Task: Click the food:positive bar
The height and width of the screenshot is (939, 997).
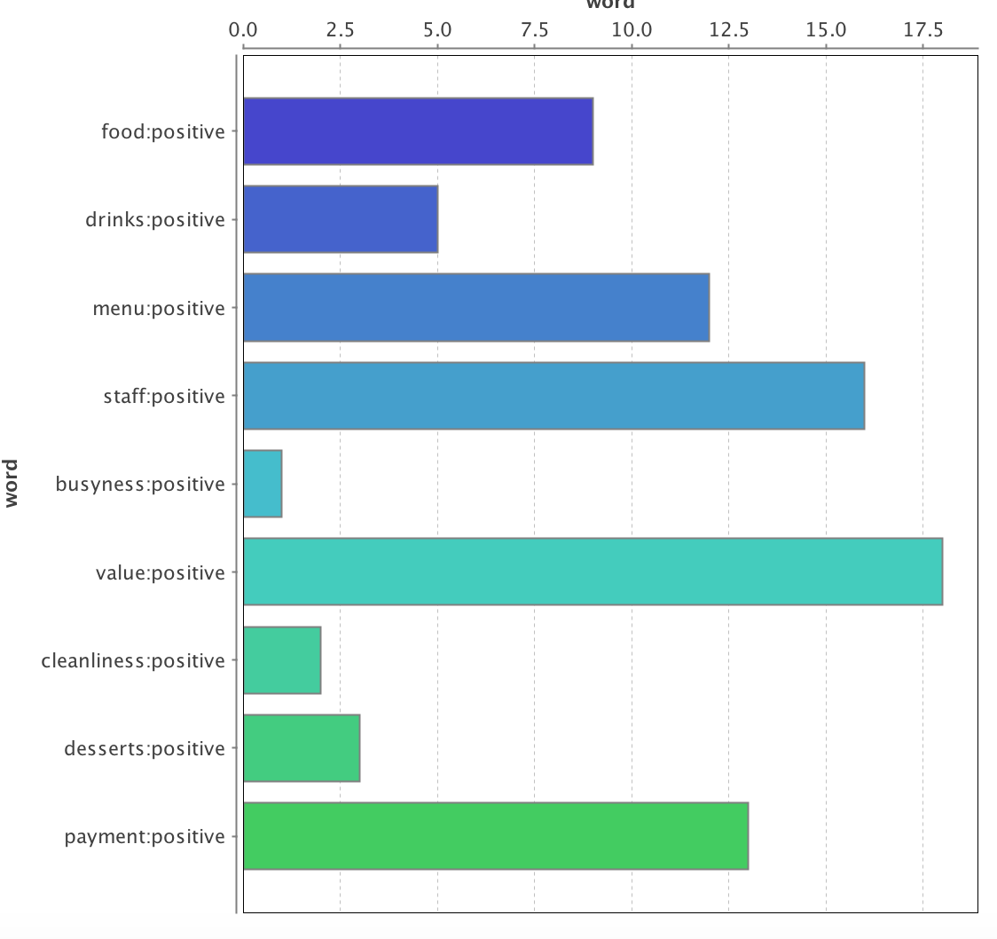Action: click(418, 131)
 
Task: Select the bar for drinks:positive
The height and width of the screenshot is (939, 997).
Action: click(341, 219)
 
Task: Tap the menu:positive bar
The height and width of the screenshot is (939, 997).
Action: click(476, 308)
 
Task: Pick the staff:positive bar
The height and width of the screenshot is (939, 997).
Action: click(553, 396)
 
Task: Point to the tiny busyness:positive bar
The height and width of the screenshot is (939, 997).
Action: click(263, 484)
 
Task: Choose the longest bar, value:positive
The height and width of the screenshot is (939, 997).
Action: click(593, 572)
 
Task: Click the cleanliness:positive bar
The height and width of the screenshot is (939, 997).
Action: click(282, 660)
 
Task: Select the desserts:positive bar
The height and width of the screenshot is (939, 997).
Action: click(302, 748)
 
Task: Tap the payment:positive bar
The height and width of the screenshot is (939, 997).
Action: click(496, 836)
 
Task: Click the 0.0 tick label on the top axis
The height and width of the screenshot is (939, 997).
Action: click(243, 29)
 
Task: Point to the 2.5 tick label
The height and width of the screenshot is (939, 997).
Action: click(340, 29)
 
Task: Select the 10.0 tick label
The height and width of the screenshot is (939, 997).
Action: click(632, 29)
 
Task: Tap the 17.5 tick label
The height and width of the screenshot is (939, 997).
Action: click(922, 29)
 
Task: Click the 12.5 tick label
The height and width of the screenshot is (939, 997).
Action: click(728, 29)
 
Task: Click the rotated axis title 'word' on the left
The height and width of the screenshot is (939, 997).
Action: click(12, 483)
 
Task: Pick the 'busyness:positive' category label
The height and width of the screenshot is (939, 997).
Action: click(140, 485)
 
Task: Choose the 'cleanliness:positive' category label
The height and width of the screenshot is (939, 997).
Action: click(133, 661)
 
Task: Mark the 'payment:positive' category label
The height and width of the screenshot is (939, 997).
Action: click(145, 837)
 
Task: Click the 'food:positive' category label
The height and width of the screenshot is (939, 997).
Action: click(163, 132)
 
